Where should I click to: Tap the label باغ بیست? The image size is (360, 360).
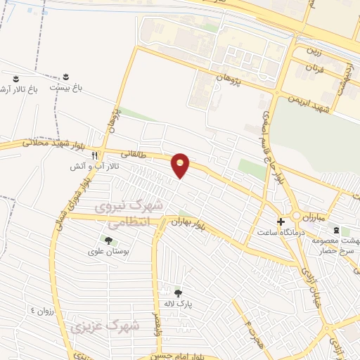pyautogui.click(x=66, y=88)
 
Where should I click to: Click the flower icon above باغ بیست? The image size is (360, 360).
pyautogui.click(x=66, y=76)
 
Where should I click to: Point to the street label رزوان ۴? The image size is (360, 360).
pyautogui.click(x=41, y=309)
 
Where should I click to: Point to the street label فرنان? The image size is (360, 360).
pyautogui.click(x=314, y=70)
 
